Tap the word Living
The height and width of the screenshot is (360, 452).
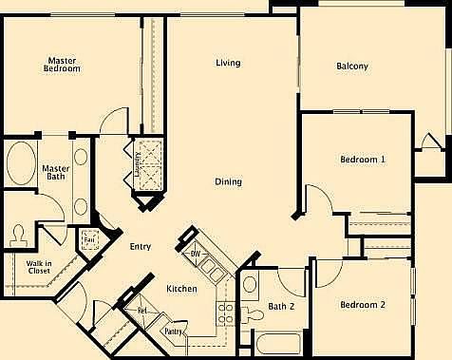click(x=227, y=64)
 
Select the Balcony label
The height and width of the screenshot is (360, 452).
click(x=352, y=66)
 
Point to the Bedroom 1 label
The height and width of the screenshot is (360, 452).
click(x=363, y=160)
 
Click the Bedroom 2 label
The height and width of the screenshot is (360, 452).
click(x=363, y=305)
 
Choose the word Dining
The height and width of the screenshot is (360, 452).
click(x=227, y=181)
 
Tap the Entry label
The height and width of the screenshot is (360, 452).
click(x=141, y=246)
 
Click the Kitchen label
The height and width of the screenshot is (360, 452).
click(x=181, y=289)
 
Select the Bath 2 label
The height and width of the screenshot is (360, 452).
click(x=282, y=306)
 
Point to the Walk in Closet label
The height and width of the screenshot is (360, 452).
click(x=39, y=267)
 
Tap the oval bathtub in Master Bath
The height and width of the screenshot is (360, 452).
click(x=20, y=164)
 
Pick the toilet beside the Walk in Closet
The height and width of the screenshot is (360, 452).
click(x=19, y=235)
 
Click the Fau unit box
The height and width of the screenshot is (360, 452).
click(x=91, y=239)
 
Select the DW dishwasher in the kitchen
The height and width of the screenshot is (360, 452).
click(x=194, y=251)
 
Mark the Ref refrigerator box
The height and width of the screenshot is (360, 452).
click(x=141, y=310)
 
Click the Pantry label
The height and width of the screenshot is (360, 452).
click(x=173, y=332)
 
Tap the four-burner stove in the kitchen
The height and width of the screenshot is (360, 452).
click(x=226, y=313)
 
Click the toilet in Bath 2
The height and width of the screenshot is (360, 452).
click(x=252, y=311)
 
